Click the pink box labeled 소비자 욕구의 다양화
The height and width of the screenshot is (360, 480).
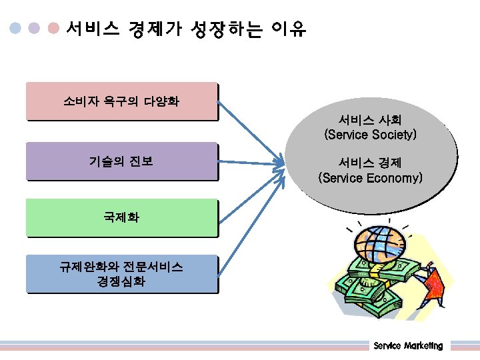point(121,101)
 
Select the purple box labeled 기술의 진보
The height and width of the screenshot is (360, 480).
point(121,161)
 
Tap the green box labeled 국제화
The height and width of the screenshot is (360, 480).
point(121,217)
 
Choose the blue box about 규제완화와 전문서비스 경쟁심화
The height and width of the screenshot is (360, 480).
point(121,274)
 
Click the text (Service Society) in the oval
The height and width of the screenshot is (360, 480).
point(370,135)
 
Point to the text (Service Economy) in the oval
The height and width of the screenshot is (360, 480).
point(370,178)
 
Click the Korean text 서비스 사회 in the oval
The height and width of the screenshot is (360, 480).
point(370,120)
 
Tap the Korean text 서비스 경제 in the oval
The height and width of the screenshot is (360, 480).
point(370,163)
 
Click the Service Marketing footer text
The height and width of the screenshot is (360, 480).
point(408,345)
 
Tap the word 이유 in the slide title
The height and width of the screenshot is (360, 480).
point(289,29)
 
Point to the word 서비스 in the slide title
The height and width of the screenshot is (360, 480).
point(93,29)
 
